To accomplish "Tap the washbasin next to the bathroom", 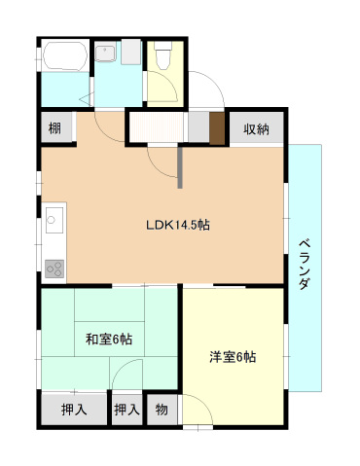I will pos(106,54).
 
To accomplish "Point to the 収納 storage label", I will pos(256,128).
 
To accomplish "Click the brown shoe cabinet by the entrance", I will pos(216,127).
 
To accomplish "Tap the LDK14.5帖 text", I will pos(178,225).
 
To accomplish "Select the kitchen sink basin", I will pos(54,223).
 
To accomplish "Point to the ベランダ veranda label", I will pos(304,263).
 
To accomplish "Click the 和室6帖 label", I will pos(109,339).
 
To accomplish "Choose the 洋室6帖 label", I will pos(233,356).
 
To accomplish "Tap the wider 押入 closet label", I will pos(74,410).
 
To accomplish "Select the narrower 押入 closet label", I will pos(126,410).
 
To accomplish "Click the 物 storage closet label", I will pos(162,410).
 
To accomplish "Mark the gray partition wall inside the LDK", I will pos(180,166).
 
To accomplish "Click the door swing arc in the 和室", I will pos(125,374).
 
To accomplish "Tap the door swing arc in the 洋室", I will pos(199,409).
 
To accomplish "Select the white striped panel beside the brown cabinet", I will pos(158,127).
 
